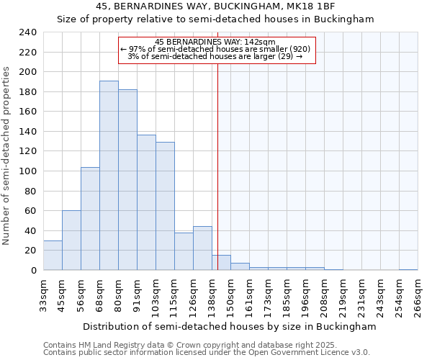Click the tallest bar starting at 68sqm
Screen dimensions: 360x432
coord(109,176)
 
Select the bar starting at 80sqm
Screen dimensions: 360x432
coord(127,180)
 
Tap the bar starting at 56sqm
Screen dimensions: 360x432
coord(90,219)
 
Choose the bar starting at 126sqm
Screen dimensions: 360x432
coord(202,248)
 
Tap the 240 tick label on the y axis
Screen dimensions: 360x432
coord(27,32)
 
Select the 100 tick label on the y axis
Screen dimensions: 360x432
coord(27,171)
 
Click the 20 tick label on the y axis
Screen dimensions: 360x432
coord(30,251)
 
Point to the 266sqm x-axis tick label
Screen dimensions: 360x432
coord(418,297)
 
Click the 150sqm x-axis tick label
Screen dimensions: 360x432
coord(230,297)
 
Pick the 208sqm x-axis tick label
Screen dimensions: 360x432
coord(324,297)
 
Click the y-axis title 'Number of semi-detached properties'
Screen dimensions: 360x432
coord(7,156)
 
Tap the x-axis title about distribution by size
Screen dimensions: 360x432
coord(230,326)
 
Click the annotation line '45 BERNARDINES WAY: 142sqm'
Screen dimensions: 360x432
coord(215,42)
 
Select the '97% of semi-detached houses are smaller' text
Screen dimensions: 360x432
coord(215,49)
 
